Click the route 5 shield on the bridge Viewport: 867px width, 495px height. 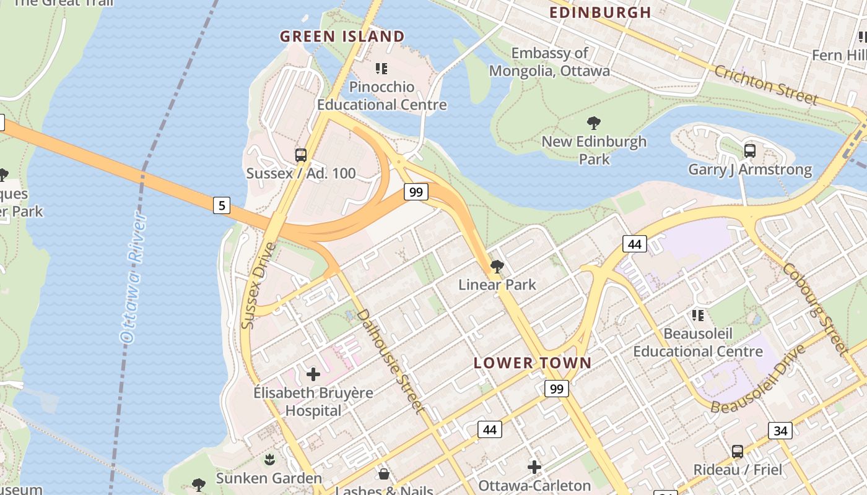(x=222, y=205)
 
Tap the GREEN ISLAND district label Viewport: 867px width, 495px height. (x=342, y=37)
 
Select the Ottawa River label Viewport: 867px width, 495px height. (x=134, y=277)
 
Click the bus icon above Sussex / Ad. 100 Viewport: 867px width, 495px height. (x=301, y=155)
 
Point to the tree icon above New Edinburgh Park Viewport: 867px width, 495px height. (x=593, y=123)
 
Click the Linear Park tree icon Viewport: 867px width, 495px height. (x=497, y=267)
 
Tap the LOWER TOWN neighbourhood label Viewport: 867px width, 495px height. (x=533, y=363)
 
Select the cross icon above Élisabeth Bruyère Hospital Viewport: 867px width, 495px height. (x=313, y=374)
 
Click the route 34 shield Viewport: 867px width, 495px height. (x=780, y=430)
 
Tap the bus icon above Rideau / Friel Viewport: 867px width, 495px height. (x=737, y=452)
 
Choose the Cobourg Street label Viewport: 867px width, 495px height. (x=814, y=308)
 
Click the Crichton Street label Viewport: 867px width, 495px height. (x=766, y=85)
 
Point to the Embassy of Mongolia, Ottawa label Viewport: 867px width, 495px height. (x=549, y=62)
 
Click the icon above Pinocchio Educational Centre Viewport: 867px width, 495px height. (x=381, y=69)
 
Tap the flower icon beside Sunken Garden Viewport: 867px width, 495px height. (x=269, y=460)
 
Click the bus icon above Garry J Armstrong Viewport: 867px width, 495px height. (x=749, y=150)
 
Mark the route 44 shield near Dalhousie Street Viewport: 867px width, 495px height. (x=490, y=429)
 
